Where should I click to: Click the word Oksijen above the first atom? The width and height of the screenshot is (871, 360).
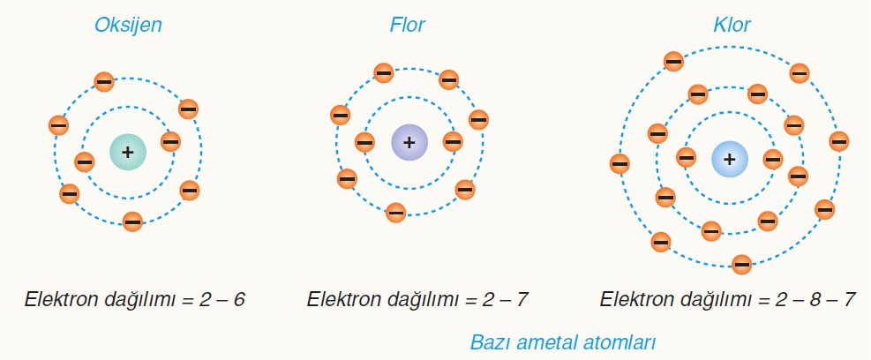128,25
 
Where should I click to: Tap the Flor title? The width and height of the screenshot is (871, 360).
408,25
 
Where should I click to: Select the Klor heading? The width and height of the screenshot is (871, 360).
732,25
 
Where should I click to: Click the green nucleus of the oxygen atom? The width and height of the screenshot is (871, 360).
128,152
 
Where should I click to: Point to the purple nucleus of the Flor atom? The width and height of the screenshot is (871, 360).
409,142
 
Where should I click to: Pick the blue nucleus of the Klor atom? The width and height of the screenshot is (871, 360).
730,160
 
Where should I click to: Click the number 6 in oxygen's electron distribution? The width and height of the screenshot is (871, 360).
239,300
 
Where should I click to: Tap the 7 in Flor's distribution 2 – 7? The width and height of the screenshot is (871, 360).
521,300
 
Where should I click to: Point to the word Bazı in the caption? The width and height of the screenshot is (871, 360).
491,341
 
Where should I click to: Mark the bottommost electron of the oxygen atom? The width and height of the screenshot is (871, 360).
132,221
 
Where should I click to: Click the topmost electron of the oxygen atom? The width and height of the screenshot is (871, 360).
104,82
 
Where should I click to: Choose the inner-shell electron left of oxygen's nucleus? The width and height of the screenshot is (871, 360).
85,161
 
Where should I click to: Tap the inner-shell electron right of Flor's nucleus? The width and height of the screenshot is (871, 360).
454,141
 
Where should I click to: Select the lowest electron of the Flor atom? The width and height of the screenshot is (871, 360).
395,211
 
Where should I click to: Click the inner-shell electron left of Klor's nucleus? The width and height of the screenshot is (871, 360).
687,157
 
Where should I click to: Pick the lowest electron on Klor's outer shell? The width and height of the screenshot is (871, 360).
742,263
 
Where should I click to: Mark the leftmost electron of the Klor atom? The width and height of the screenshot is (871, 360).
619,163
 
